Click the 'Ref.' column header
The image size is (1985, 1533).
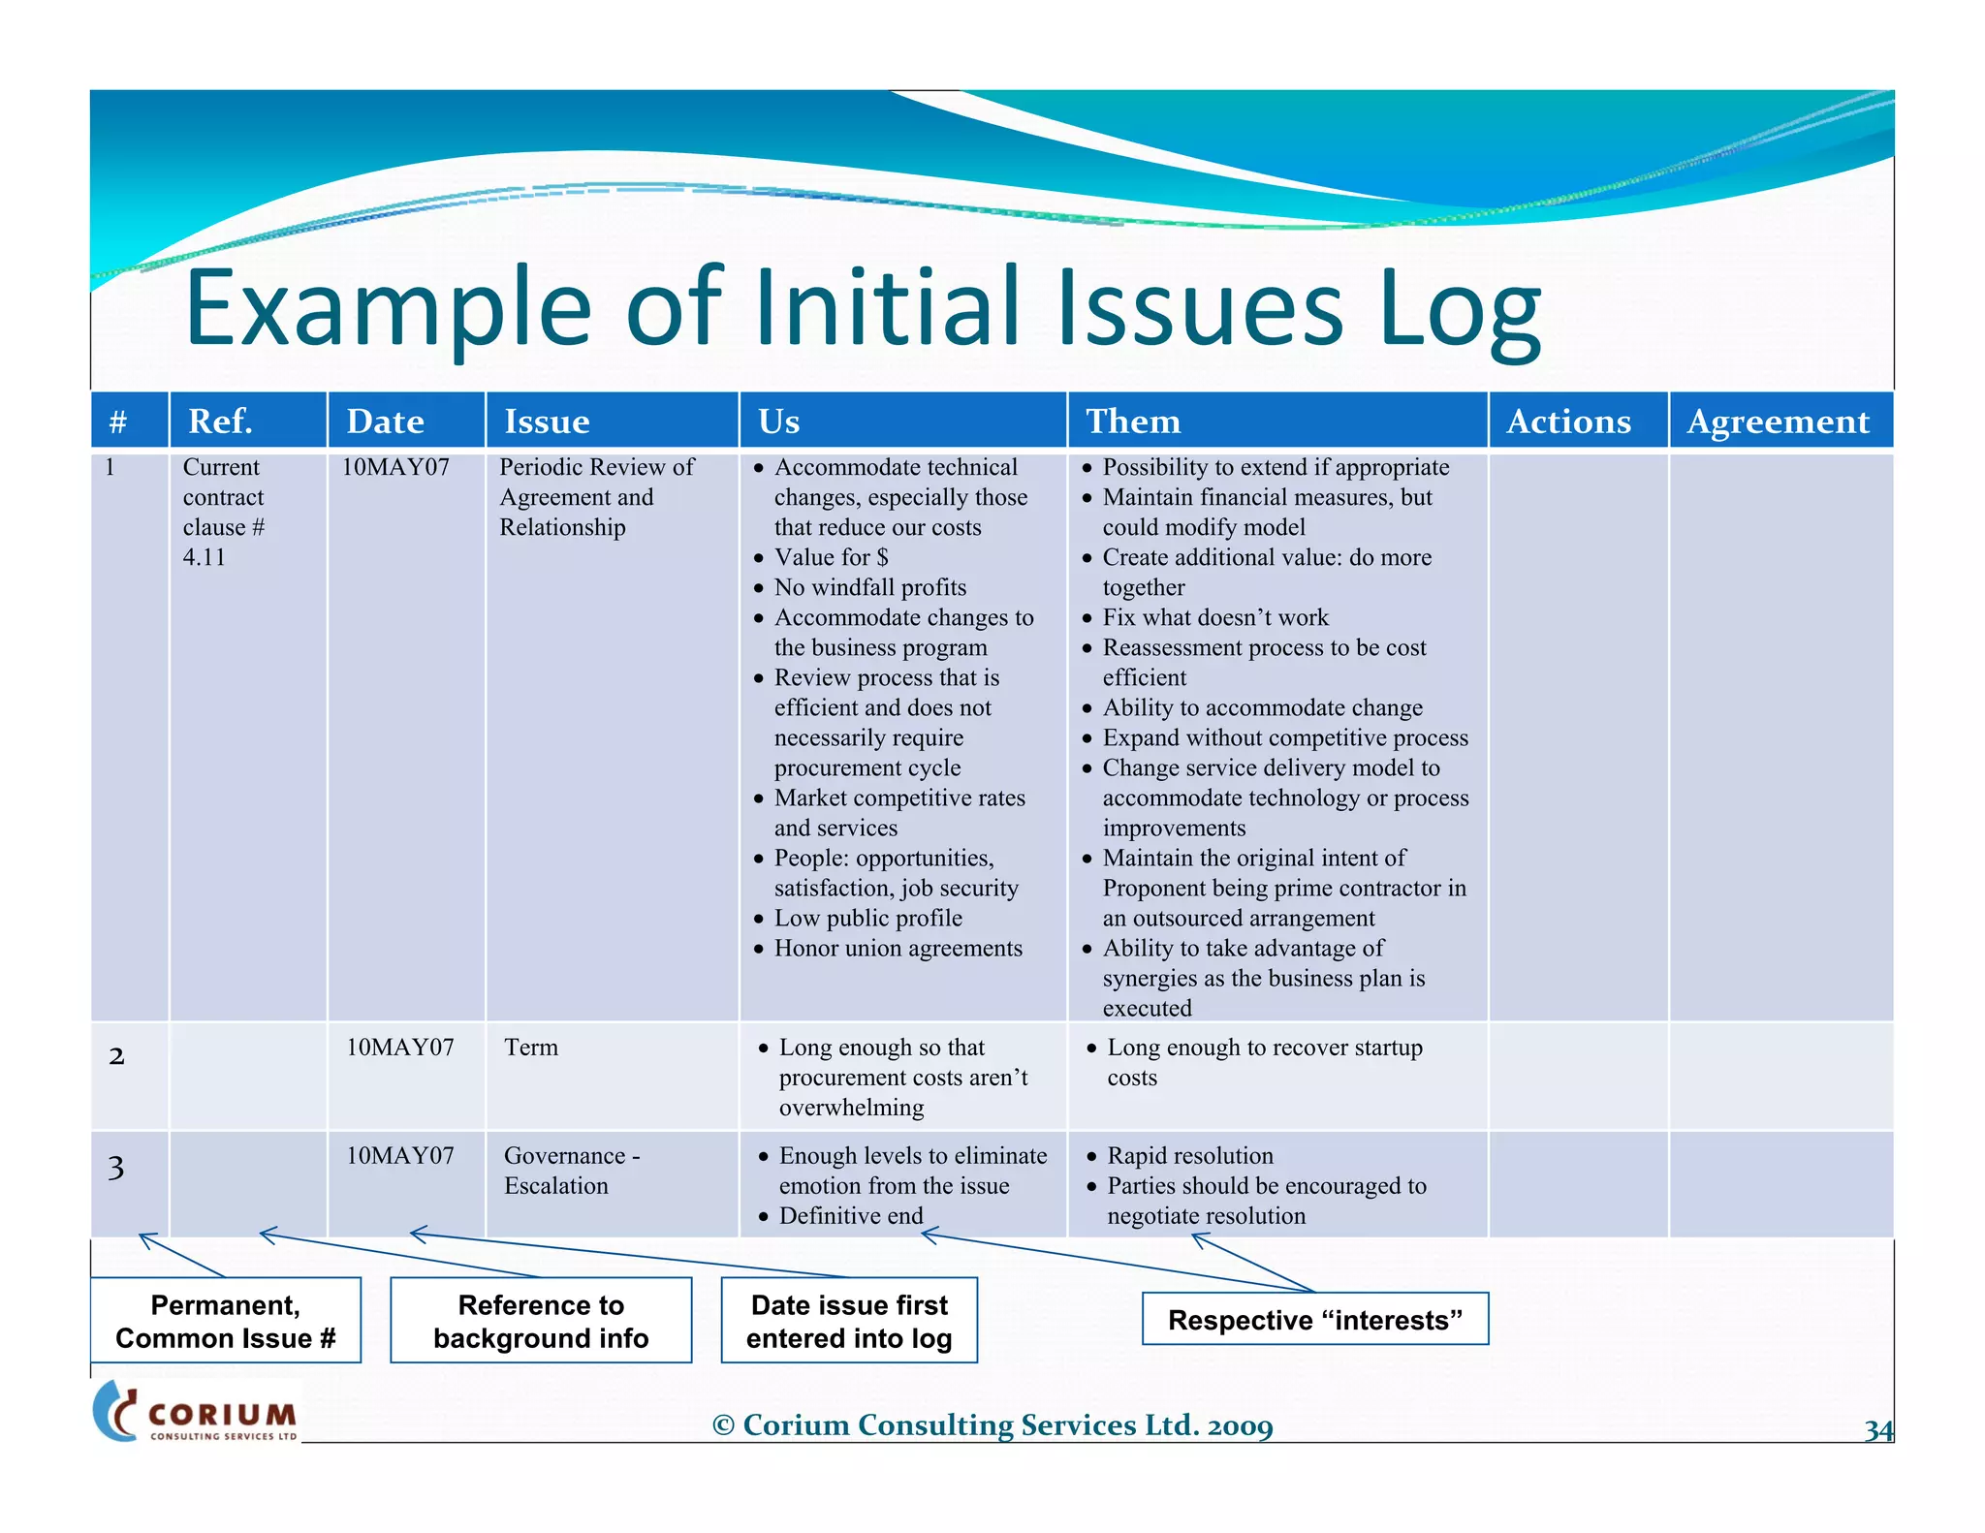[x=220, y=421]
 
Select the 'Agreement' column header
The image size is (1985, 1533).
[x=1778, y=421]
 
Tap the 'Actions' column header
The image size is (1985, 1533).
[x=1568, y=421]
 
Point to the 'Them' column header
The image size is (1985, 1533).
[x=1132, y=421]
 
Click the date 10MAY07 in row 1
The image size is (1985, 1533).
[x=395, y=467]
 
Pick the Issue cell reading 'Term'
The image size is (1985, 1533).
[x=531, y=1048]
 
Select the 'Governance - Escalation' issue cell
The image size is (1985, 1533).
[x=571, y=1171]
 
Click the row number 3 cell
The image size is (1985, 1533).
[x=116, y=1168]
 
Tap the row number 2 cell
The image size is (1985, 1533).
[x=116, y=1056]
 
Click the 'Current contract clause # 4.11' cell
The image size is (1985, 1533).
[x=224, y=512]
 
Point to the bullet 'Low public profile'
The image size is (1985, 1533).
[x=867, y=918]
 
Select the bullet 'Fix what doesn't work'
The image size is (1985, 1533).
[x=1214, y=617]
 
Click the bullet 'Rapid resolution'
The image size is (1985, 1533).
[x=1189, y=1156]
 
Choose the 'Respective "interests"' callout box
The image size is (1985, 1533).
[x=1314, y=1320]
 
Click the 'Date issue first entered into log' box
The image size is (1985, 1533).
[x=849, y=1321]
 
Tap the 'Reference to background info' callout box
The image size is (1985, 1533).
[x=541, y=1321]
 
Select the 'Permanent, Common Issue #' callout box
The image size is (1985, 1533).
[x=226, y=1321]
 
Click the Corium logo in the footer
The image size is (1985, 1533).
[x=198, y=1412]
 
